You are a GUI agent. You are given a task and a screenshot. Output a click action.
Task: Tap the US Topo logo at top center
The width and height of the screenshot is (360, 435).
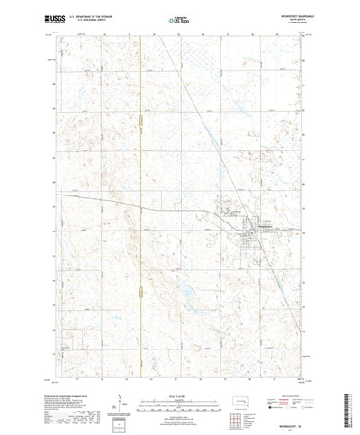click(181, 18)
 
